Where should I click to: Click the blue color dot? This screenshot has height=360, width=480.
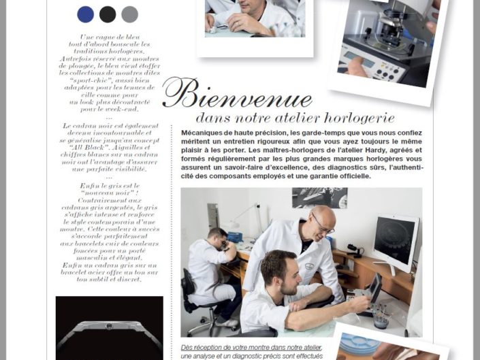pyautogui.click(x=86, y=14)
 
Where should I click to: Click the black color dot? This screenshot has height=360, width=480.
pyautogui.click(x=108, y=14)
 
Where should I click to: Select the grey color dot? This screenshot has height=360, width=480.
pyautogui.click(x=129, y=14)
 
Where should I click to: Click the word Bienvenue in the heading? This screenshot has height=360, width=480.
pyautogui.click(x=238, y=95)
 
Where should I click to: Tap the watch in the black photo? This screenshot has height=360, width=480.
pyautogui.click(x=109, y=327)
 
